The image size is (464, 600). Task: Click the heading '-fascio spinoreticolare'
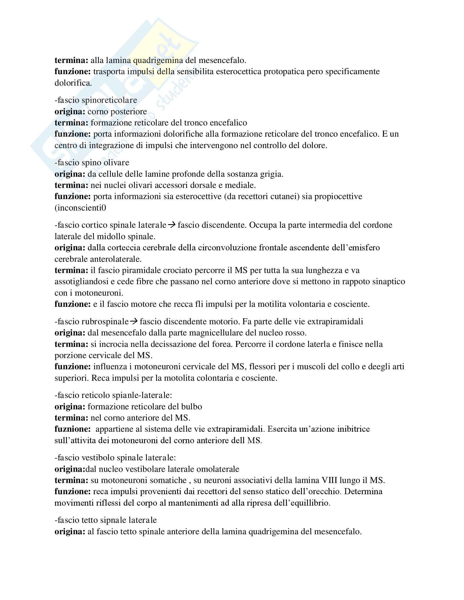point(96,100)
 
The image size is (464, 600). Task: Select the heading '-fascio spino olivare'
point(92,163)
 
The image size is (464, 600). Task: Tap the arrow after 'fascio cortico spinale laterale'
point(172,225)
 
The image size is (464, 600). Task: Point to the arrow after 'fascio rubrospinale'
point(134,322)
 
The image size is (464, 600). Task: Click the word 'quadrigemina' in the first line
point(158,60)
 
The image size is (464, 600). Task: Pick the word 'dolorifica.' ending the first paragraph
point(73,83)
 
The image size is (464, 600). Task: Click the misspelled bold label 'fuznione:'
point(72,429)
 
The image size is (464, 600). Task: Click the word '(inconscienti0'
point(80,208)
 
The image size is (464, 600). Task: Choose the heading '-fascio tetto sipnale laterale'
point(106,520)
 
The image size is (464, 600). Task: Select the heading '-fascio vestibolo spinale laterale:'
point(115,458)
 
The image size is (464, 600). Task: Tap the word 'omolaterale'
point(218,469)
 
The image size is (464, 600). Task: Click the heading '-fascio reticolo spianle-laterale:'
point(113,395)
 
